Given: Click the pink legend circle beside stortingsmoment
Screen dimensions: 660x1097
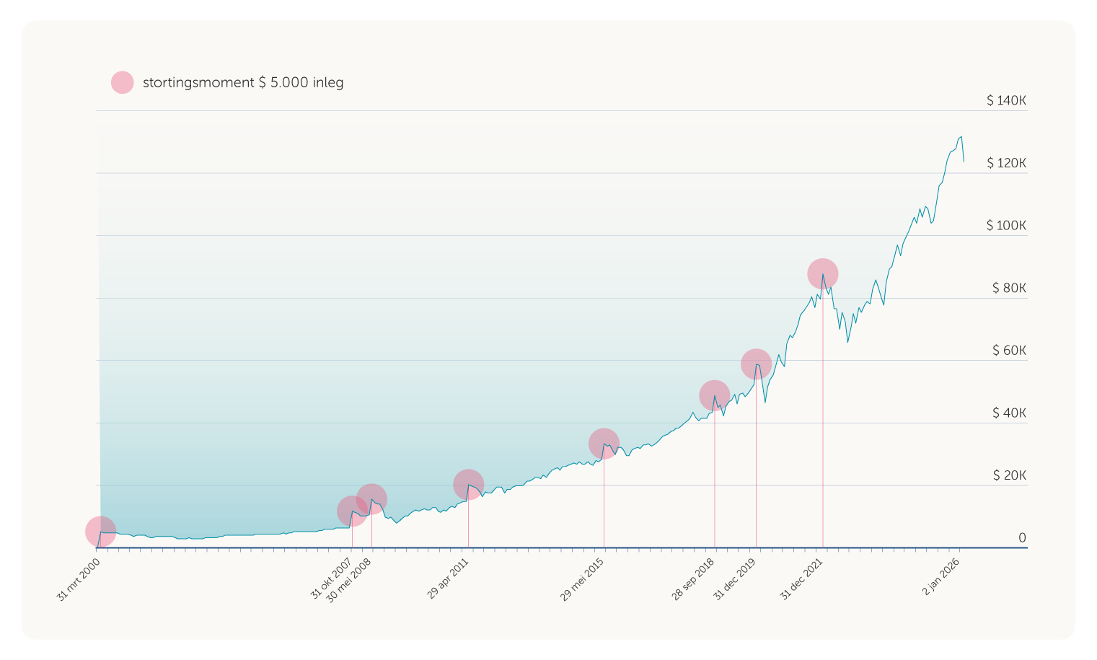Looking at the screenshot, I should pyautogui.click(x=123, y=82).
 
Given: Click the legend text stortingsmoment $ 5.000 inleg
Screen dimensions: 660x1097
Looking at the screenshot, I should pyautogui.click(x=243, y=82).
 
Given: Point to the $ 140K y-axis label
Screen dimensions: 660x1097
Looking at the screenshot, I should pyautogui.click(x=1006, y=100).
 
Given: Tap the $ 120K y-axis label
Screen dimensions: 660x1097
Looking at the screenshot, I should pyautogui.click(x=1006, y=163).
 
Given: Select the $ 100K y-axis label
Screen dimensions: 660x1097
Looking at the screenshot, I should pyautogui.click(x=1006, y=226).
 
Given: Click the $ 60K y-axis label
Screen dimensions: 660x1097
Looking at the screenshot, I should pyautogui.click(x=1009, y=351).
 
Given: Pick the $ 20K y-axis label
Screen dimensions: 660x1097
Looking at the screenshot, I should pyautogui.click(x=1009, y=475).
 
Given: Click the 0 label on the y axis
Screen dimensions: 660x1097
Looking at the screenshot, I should pyautogui.click(x=1022, y=538).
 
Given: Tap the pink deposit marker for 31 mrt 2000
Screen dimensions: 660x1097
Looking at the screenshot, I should pyautogui.click(x=101, y=532).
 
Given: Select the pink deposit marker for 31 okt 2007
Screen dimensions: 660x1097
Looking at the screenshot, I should pyautogui.click(x=352, y=511).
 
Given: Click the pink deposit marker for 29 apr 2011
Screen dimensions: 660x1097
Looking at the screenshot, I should pyautogui.click(x=468, y=484).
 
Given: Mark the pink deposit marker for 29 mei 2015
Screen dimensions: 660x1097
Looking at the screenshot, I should pyautogui.click(x=604, y=444).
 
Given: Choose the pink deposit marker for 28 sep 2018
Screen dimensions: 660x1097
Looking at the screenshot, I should pyautogui.click(x=714, y=395).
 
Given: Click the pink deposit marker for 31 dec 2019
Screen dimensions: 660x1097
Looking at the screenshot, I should pyautogui.click(x=756, y=364).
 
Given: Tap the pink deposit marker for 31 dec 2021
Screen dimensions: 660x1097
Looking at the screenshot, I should pyautogui.click(x=822, y=274).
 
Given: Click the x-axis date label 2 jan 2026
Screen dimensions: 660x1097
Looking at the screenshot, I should pyautogui.click(x=941, y=577).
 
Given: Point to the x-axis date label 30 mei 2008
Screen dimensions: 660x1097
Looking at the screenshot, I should pyautogui.click(x=348, y=583).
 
